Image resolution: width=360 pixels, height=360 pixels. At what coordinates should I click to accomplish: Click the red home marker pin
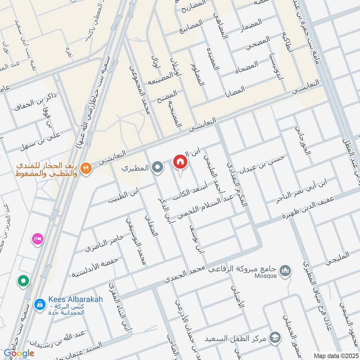coord(180,162)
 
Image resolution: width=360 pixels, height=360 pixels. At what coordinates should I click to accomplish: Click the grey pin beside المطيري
coord(157,168)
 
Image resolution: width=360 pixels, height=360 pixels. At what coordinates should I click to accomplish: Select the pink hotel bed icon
coord(37,238)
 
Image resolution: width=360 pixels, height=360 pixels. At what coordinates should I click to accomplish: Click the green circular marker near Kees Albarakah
coord(23,282)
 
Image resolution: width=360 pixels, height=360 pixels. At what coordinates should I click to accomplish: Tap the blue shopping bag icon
coord(40,304)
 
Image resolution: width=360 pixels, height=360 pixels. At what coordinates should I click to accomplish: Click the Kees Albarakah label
coord(75,300)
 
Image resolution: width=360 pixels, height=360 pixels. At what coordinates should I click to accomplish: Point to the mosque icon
coord(285,270)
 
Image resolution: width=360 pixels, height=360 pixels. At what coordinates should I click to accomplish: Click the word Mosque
coord(265,276)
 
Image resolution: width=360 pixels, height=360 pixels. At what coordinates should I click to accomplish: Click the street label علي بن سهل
coord(46,141)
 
